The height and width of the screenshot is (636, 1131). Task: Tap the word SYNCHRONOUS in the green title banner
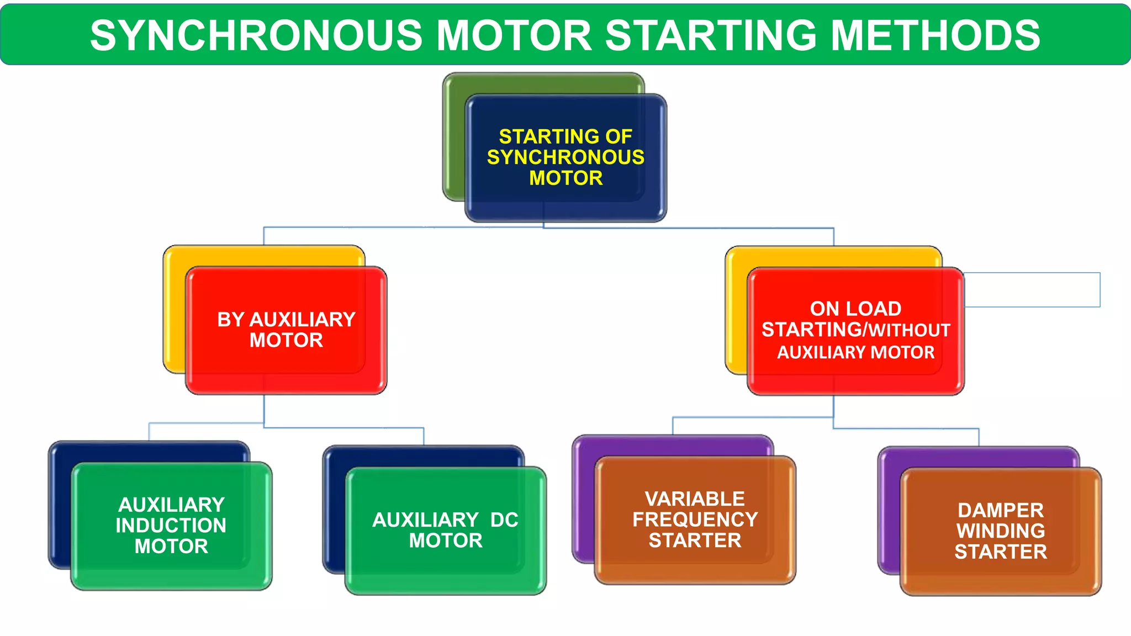click(x=257, y=35)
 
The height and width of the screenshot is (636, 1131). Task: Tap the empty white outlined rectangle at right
click(x=1033, y=289)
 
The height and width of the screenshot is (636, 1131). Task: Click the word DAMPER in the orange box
click(x=1001, y=510)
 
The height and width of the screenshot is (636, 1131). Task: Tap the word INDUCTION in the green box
click(x=171, y=526)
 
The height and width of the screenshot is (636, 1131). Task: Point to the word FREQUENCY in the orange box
click(x=695, y=520)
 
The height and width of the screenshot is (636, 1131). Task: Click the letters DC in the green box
click(x=504, y=520)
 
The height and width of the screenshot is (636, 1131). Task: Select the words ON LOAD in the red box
click(x=855, y=309)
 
